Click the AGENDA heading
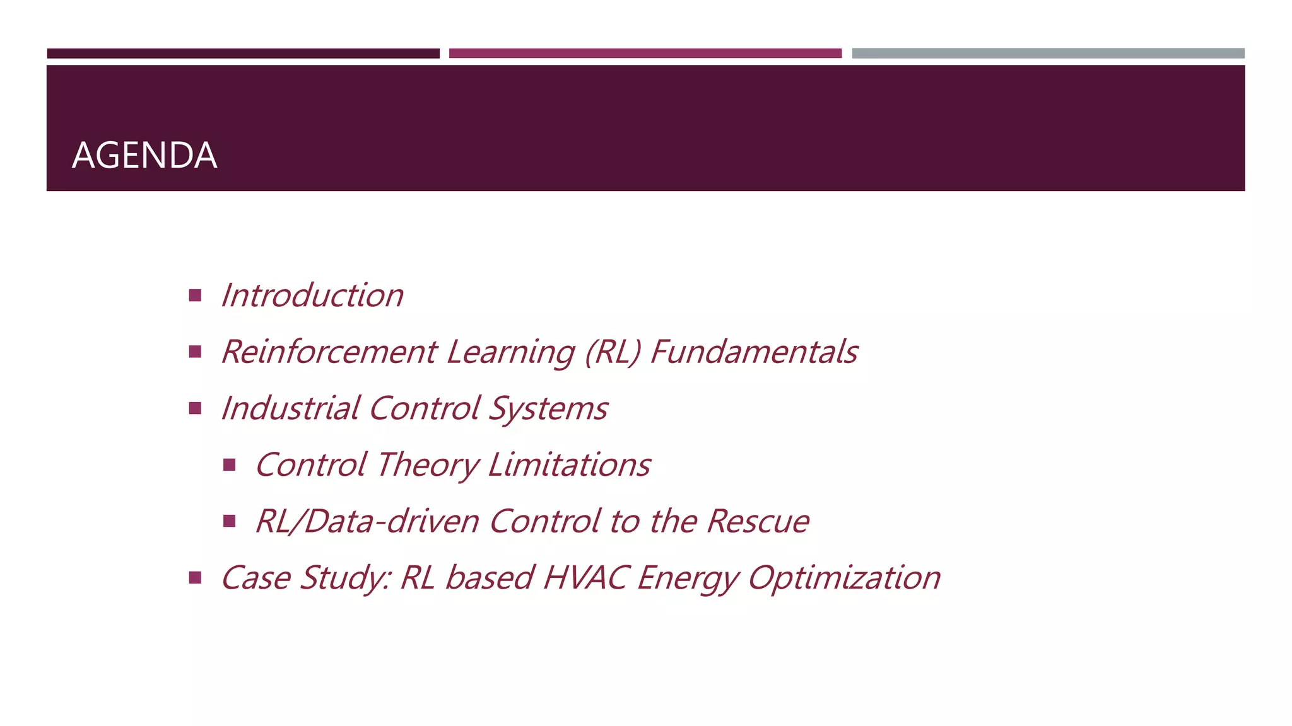click(144, 155)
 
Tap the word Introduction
click(312, 296)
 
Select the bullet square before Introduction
click(195, 295)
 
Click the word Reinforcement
click(329, 352)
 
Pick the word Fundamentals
click(754, 352)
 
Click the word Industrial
click(290, 408)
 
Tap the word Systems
click(548, 408)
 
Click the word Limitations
click(569, 465)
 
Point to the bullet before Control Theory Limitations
click(229, 465)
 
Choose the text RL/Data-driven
click(367, 522)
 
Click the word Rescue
click(758, 522)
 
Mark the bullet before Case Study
click(195, 577)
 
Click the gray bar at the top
click(1048, 54)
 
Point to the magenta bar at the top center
click(645, 54)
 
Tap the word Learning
click(510, 352)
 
